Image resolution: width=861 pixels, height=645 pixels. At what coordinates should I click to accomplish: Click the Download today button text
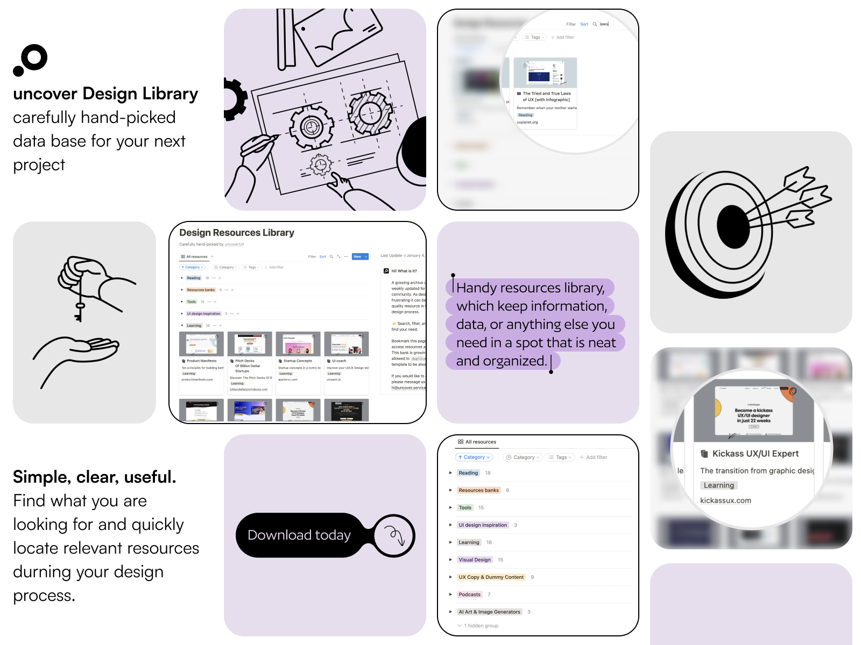coord(299,535)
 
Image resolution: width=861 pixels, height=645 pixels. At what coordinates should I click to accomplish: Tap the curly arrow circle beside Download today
coord(394,535)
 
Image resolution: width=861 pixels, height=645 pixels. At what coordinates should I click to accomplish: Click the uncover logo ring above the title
coord(34,58)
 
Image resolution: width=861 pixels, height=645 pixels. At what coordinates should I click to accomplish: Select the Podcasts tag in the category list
coord(469,594)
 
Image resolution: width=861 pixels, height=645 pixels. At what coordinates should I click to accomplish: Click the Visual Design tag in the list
coord(474,560)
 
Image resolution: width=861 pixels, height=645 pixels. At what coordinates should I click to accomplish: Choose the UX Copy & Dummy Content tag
coord(490,577)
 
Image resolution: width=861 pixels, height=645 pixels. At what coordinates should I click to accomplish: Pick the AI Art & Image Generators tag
coord(489,612)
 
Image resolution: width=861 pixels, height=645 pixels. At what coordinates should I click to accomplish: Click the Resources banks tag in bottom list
coord(478,490)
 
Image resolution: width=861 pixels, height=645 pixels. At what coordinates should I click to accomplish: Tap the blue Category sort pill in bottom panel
coord(474,457)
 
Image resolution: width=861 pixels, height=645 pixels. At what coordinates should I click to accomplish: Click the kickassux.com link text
coord(725,500)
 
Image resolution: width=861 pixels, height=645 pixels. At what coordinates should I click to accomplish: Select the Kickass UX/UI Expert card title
coord(755,454)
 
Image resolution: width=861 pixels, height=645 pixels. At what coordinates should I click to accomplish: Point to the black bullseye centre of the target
coord(733,228)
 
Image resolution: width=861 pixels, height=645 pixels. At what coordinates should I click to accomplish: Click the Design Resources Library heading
coord(237,233)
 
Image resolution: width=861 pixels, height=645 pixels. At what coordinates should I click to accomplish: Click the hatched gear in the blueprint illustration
coord(370,113)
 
